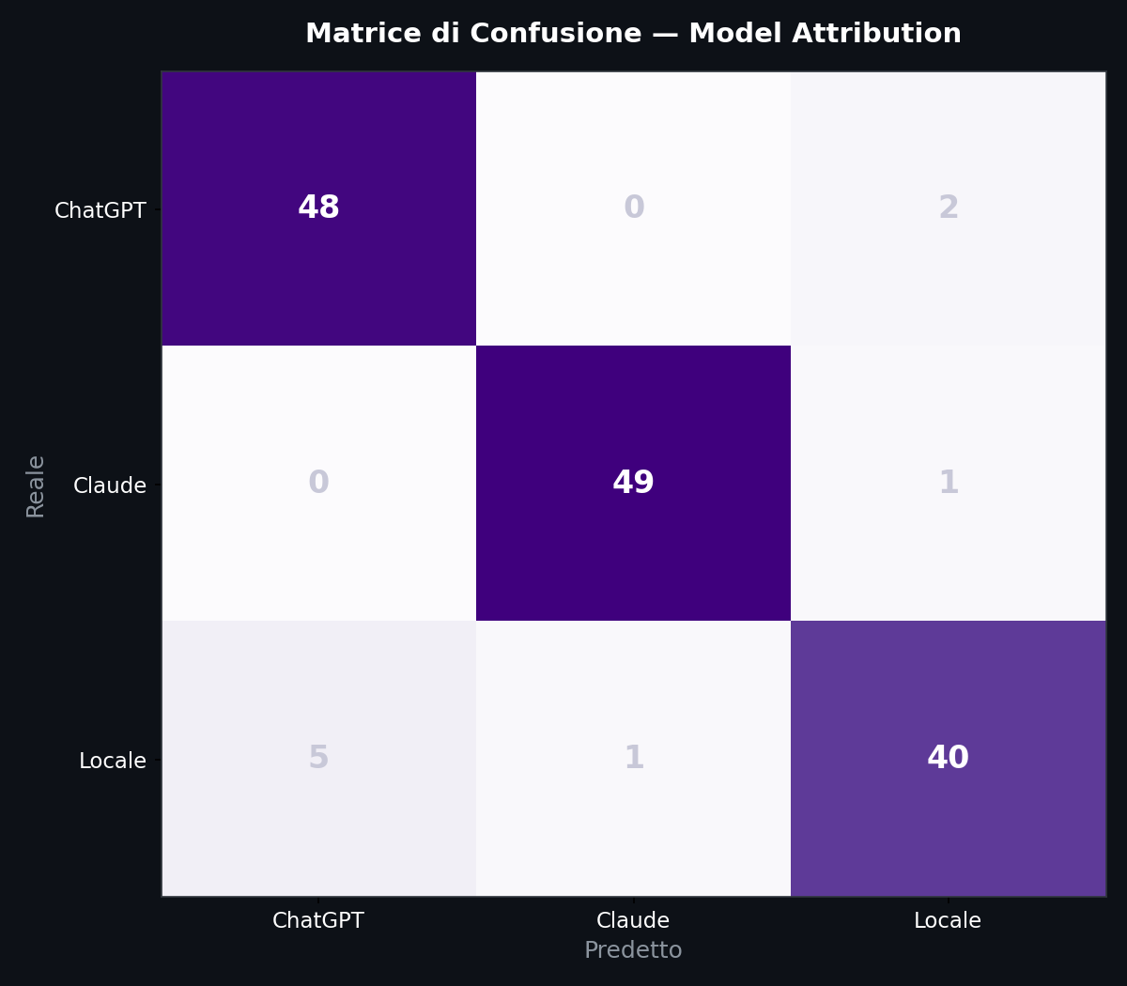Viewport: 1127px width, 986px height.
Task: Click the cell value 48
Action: click(x=318, y=208)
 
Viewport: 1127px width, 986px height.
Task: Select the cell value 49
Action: click(x=633, y=483)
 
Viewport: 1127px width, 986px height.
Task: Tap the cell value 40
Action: click(x=948, y=758)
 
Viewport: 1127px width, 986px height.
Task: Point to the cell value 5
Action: click(x=318, y=758)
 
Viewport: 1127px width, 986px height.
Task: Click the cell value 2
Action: click(x=948, y=208)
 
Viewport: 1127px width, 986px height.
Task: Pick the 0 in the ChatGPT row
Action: click(x=633, y=208)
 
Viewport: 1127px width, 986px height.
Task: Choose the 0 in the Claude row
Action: click(x=318, y=483)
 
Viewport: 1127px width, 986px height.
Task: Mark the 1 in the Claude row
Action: click(x=948, y=483)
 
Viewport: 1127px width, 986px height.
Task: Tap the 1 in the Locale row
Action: click(x=633, y=758)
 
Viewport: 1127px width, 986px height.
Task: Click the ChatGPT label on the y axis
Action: click(x=100, y=210)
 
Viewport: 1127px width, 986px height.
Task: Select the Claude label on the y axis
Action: click(x=110, y=485)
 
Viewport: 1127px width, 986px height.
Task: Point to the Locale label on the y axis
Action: click(x=113, y=761)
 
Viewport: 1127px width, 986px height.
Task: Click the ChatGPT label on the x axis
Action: click(x=318, y=921)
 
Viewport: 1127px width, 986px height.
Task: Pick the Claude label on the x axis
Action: click(x=633, y=921)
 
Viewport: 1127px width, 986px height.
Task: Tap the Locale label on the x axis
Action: click(x=948, y=921)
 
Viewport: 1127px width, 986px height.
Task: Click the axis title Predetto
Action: click(x=633, y=950)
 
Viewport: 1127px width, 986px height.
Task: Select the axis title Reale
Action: click(x=36, y=485)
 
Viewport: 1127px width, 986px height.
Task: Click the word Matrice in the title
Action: click(x=351, y=34)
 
